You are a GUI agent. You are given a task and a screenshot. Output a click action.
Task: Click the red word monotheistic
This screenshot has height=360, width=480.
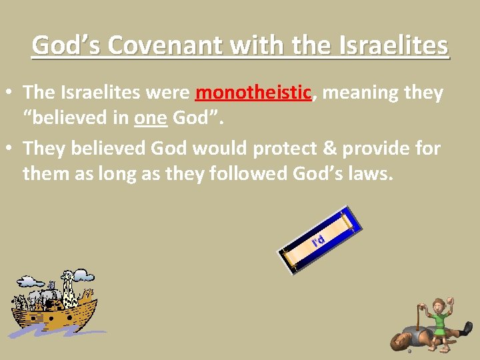(x=253, y=93)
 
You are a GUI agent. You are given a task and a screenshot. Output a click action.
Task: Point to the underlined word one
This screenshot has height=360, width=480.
(x=150, y=118)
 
